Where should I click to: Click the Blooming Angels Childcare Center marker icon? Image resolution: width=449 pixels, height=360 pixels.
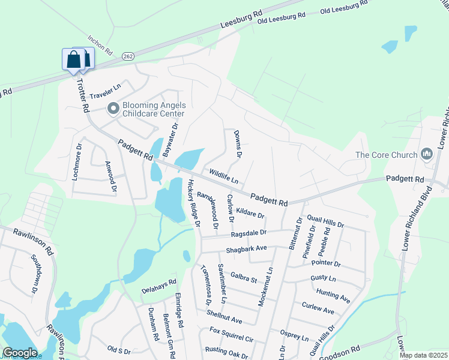click(113, 109)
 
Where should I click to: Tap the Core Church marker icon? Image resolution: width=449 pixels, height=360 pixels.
click(427, 155)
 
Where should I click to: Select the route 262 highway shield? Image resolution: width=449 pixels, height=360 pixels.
click(127, 56)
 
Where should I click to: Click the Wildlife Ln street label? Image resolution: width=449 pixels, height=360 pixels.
click(223, 176)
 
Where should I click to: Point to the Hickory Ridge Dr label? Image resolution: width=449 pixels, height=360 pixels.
click(193, 203)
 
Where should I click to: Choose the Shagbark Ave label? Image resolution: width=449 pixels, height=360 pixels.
click(246, 248)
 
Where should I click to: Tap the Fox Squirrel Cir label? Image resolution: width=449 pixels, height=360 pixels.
click(232, 334)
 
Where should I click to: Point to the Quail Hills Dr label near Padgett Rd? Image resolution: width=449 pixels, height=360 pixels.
click(325, 221)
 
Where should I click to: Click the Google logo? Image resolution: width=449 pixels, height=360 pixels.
click(20, 353)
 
